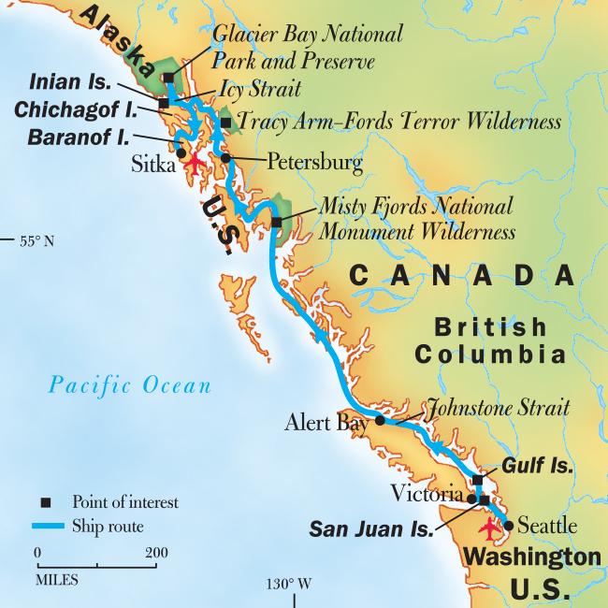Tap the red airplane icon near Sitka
click(194, 162)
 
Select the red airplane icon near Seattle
click(489, 528)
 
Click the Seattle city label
click(546, 524)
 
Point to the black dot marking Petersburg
click(226, 157)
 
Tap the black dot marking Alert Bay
click(380, 421)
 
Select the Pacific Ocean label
click(131, 384)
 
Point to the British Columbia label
click(491, 341)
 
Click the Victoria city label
click(426, 493)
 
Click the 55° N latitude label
click(36, 240)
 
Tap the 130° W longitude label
click(287, 585)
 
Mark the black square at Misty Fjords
click(277, 222)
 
